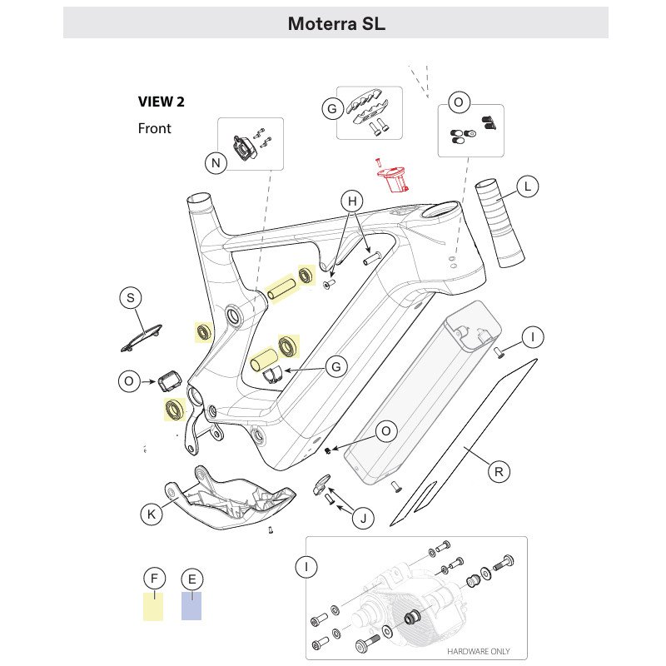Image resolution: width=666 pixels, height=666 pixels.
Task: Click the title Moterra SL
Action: coord(336,23)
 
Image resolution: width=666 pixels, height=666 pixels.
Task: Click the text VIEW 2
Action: coord(161,102)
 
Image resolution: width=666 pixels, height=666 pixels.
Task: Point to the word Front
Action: coord(154,129)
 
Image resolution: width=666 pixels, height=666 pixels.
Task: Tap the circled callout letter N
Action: coord(216,163)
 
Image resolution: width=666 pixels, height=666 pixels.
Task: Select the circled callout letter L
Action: coord(527,186)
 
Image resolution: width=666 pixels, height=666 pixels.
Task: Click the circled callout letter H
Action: coord(352,201)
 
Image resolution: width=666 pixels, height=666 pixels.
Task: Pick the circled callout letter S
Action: coord(131,298)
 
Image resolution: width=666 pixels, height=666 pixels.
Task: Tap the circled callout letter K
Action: coord(152,515)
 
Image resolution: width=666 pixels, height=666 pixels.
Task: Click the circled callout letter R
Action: coord(499,472)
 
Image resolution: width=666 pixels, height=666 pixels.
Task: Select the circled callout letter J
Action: coord(362,519)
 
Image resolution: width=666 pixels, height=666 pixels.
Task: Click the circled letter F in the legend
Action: coord(153,579)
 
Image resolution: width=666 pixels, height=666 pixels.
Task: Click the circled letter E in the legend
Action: coord(191,579)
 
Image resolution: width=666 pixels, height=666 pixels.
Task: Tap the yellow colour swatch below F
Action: coord(153,607)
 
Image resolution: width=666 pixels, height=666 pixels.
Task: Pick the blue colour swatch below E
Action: coord(191,607)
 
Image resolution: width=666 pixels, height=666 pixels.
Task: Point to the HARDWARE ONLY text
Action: coord(479,651)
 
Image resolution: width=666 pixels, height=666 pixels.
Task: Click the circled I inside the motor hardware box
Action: coord(306,568)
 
